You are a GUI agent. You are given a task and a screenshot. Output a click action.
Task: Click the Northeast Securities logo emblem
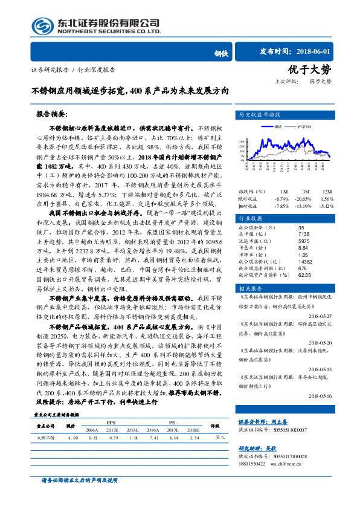pos(42,25)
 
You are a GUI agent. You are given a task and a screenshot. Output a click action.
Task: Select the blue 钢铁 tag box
pos(221,54)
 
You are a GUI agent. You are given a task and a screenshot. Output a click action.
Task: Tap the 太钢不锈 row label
pos(45,436)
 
